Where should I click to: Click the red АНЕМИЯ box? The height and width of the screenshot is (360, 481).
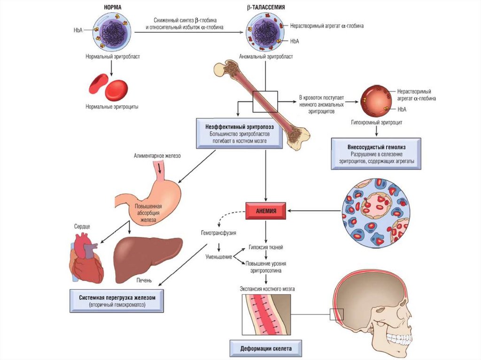pyautogui.click(x=266, y=211)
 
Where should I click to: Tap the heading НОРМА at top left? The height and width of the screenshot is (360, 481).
pyautogui.click(x=112, y=8)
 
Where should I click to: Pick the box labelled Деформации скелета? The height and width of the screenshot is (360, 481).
pyautogui.click(x=265, y=349)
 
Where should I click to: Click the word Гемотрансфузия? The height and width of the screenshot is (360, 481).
pyautogui.click(x=216, y=233)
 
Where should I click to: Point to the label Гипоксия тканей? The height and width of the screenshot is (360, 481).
pyautogui.click(x=266, y=247)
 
